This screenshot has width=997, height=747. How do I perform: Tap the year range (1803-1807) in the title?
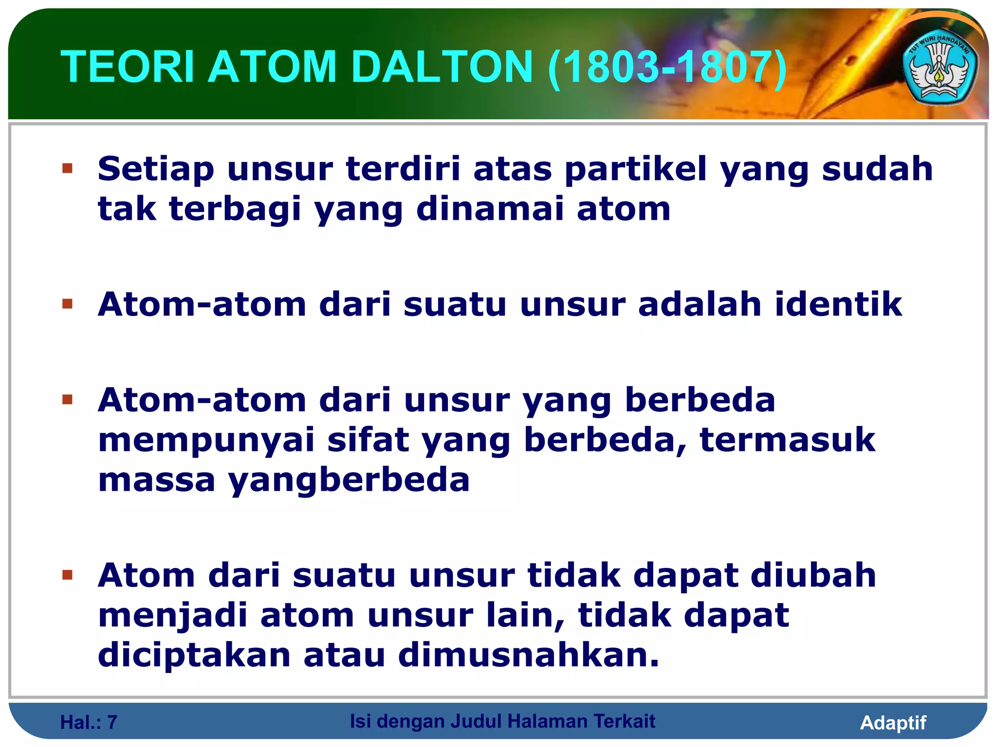coord(667,67)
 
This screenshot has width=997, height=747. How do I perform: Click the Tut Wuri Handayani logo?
coord(940,69)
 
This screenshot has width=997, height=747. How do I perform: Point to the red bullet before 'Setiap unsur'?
coord(67,169)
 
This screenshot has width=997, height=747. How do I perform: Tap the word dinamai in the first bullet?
coord(490,209)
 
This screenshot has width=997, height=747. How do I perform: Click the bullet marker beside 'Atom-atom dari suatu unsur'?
coord(67,304)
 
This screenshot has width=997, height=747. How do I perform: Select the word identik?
coord(838,304)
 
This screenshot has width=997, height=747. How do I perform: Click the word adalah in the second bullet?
coord(700,304)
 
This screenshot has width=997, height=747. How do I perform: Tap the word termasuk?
coord(787,440)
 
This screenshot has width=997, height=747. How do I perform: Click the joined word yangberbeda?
coord(349,480)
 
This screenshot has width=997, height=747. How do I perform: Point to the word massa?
coord(157,480)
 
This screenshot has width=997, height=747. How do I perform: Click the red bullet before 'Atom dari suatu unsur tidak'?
coord(67,575)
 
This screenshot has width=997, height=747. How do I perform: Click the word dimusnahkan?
coord(529,655)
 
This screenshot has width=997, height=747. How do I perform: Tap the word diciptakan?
coord(194,655)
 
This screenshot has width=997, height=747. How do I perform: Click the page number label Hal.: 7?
coord(89,723)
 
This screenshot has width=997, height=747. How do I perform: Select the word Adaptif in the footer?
coord(893,723)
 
